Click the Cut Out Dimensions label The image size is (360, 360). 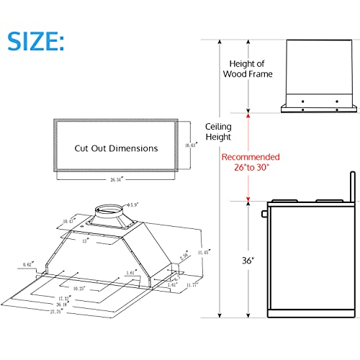click(x=116, y=148)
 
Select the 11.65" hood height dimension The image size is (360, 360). click(x=208, y=253)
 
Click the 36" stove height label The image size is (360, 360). click(x=248, y=259)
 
